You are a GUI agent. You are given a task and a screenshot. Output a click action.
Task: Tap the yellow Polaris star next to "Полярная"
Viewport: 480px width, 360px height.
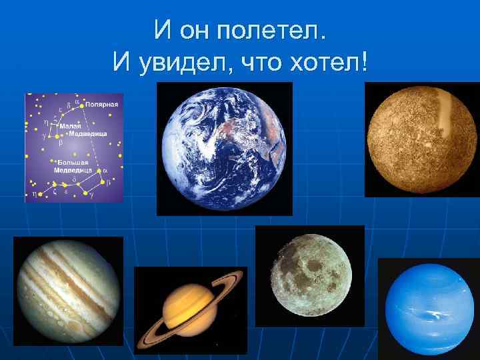[x=82, y=105]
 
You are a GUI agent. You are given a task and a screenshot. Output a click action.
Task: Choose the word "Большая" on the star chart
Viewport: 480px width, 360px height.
[x=73, y=161]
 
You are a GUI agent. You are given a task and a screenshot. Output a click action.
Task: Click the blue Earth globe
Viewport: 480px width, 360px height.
[x=224, y=148]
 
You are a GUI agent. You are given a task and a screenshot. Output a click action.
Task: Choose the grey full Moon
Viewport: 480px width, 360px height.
[x=309, y=276]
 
